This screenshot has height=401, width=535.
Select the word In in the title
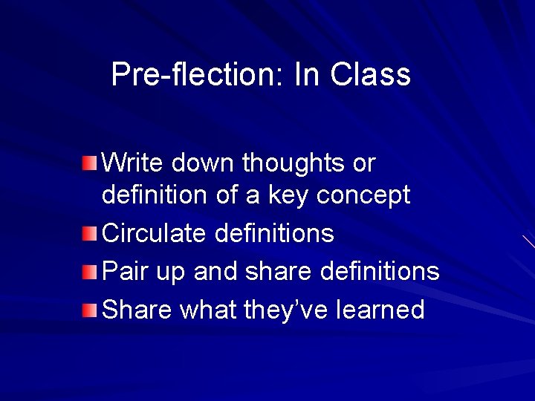(x=308, y=74)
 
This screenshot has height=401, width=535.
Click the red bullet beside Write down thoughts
(x=90, y=163)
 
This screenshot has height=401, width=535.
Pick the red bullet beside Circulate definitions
(x=90, y=235)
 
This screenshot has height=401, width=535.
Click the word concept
(x=363, y=196)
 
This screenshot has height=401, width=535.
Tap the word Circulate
(x=154, y=234)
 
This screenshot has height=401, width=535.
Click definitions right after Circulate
(x=274, y=234)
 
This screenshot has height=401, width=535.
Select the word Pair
(x=123, y=272)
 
